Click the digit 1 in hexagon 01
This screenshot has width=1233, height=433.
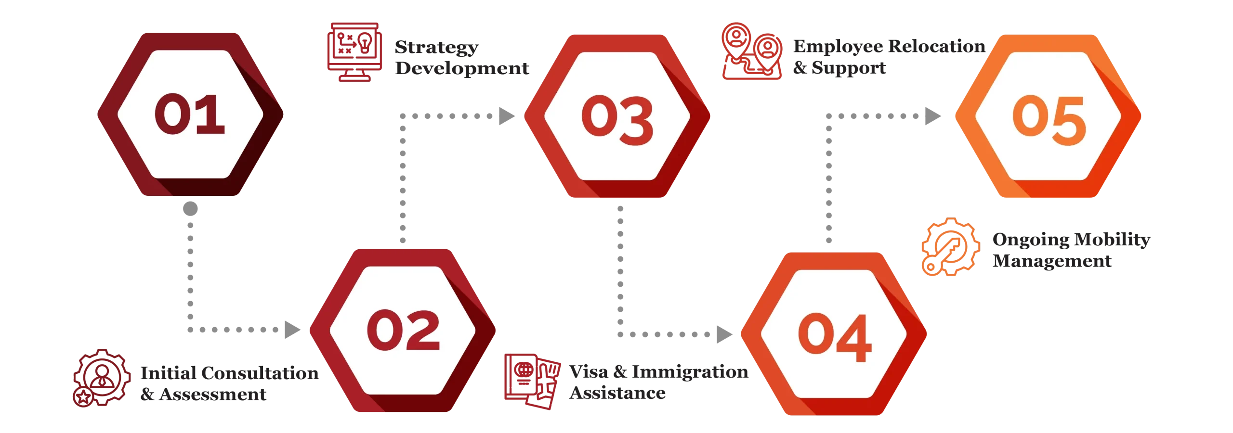211,115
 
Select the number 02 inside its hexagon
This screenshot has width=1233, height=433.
403,330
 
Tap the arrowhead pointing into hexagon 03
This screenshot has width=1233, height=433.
505,115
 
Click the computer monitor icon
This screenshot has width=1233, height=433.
354,51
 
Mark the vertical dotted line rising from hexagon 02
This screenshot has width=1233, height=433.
403,183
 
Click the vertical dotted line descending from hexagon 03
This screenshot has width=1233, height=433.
620,269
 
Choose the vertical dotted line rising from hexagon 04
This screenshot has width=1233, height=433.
828,183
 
